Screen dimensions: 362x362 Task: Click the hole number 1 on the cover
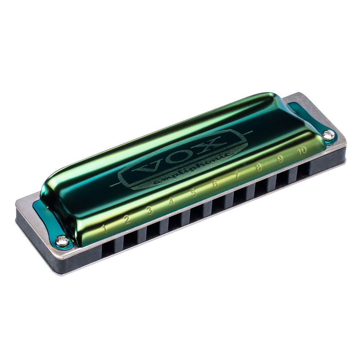click(105, 228)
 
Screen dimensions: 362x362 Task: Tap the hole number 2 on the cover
click(127, 219)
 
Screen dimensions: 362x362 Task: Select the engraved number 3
click(149, 210)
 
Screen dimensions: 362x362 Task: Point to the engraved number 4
click(172, 202)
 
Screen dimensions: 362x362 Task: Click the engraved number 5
click(194, 193)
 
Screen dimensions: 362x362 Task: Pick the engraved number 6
click(216, 184)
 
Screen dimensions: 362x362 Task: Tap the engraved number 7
click(237, 176)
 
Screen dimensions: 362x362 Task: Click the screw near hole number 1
click(62, 241)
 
